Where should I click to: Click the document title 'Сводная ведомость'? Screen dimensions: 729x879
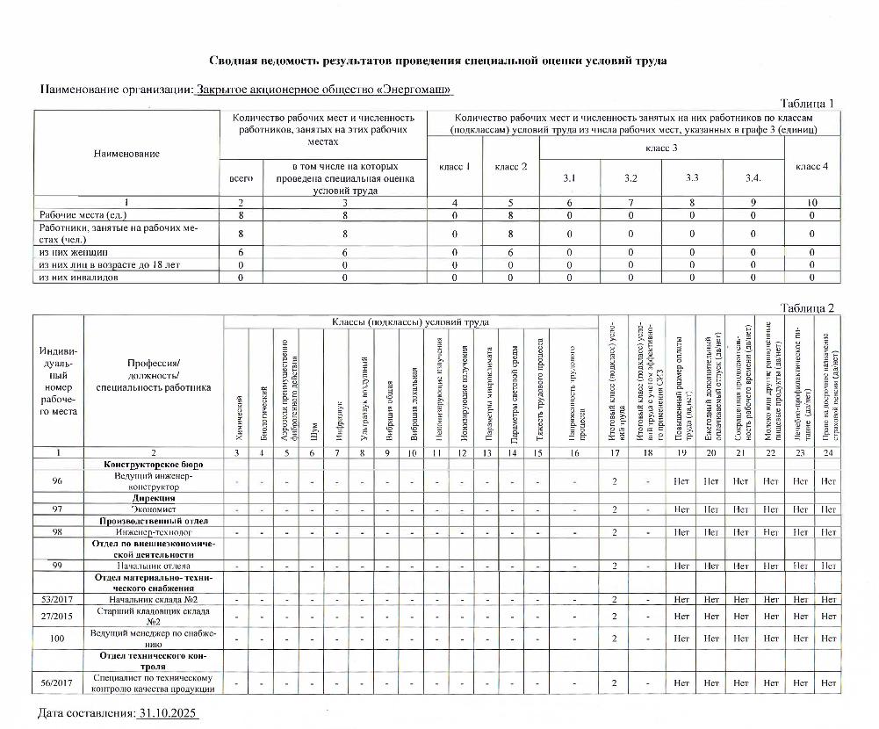[436, 61]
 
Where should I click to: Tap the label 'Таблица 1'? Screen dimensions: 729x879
[807, 104]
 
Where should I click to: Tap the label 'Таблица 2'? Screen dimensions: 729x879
[807, 307]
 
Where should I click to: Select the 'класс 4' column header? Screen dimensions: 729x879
[811, 166]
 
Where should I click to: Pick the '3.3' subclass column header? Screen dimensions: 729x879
[692, 178]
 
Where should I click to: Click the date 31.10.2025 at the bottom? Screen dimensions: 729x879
[169, 713]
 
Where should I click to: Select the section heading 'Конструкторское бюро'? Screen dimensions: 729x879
[154, 464]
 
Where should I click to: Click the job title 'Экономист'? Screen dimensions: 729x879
[154, 509]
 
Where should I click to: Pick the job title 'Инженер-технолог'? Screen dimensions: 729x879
[154, 532]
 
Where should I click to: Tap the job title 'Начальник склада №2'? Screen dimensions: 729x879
[154, 599]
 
